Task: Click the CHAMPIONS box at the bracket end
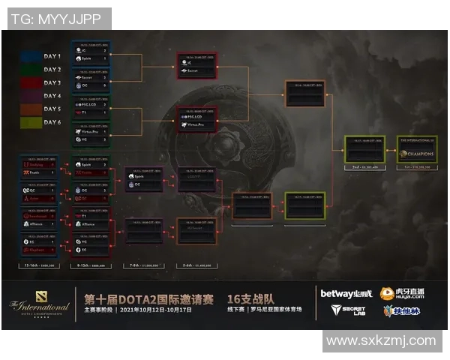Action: [x=416, y=151]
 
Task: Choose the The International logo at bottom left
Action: [x=40, y=305]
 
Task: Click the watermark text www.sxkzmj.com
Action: [x=381, y=340]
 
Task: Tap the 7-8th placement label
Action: [x=143, y=266]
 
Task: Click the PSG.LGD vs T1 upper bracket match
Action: [x=91, y=109]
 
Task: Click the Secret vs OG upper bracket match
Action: [x=91, y=81]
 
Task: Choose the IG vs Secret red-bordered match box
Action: [x=196, y=65]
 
